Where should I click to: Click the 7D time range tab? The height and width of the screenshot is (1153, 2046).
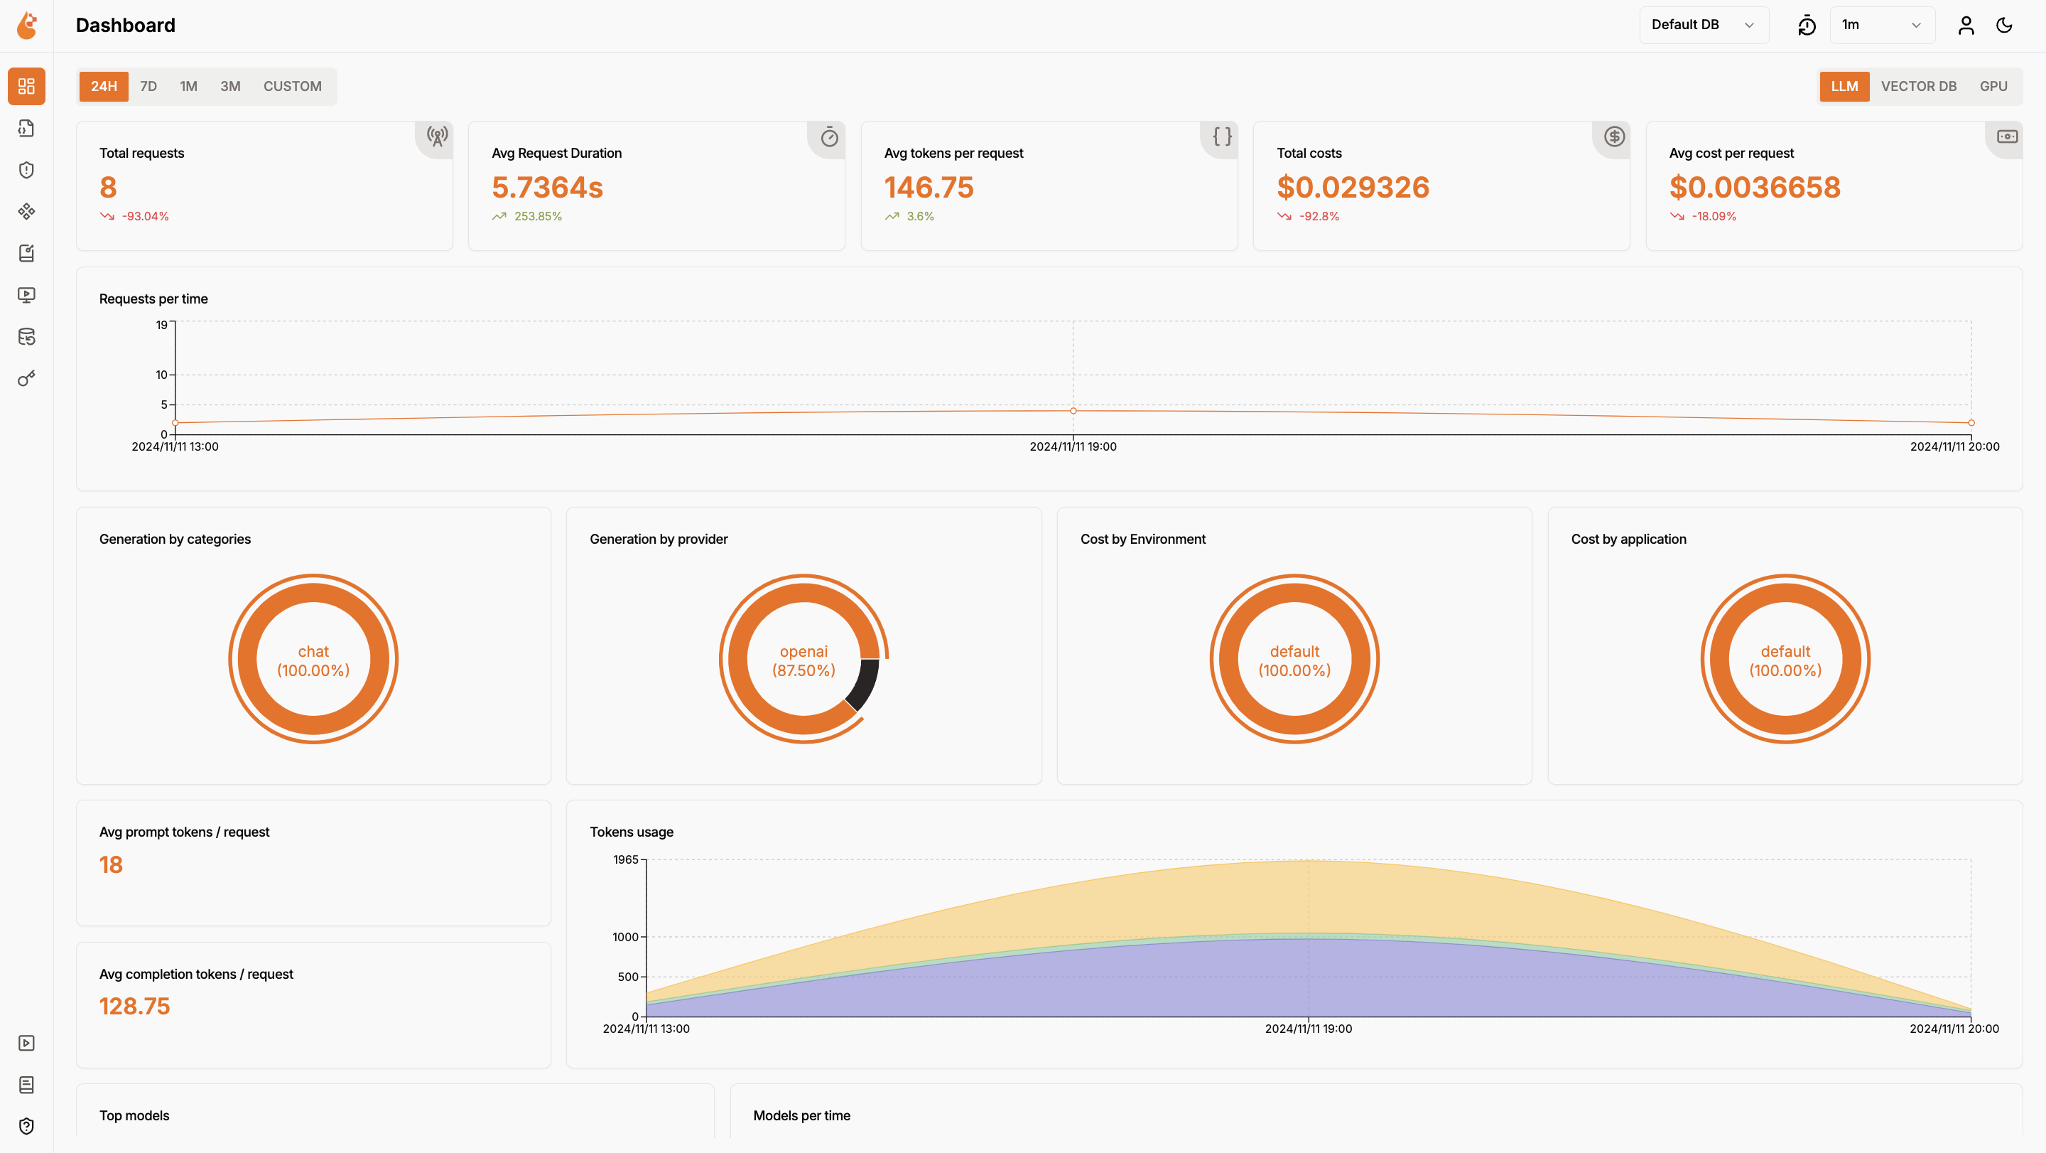pyautogui.click(x=148, y=86)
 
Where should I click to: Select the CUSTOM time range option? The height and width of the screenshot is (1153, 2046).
pyautogui.click(x=292, y=86)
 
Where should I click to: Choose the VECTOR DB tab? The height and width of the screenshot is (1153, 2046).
pyautogui.click(x=1918, y=86)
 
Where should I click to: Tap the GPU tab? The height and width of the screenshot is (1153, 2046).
pyautogui.click(x=1993, y=86)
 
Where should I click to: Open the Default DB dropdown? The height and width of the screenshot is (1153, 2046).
pyautogui.click(x=1703, y=25)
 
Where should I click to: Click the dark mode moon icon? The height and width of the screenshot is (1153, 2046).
pyautogui.click(x=2004, y=26)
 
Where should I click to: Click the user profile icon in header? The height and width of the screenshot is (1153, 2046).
pyautogui.click(x=1966, y=26)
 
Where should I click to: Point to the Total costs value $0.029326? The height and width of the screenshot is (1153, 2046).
pyautogui.click(x=1353, y=188)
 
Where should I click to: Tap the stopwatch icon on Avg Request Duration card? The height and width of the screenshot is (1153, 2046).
pyautogui.click(x=829, y=137)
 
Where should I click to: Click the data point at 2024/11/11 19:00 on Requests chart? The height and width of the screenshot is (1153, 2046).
pyautogui.click(x=1073, y=411)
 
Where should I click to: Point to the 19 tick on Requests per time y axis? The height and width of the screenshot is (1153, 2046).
pyautogui.click(x=162, y=325)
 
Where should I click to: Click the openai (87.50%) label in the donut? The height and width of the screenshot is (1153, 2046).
pyautogui.click(x=803, y=660)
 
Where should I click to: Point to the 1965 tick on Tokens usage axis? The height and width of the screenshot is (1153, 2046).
pyautogui.click(x=625, y=860)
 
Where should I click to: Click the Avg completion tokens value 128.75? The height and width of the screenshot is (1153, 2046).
pyautogui.click(x=134, y=1006)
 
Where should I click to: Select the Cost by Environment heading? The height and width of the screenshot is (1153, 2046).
pyautogui.click(x=1142, y=539)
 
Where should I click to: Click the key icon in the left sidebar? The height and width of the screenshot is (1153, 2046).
pyautogui.click(x=26, y=378)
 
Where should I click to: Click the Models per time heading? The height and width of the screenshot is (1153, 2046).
pyautogui.click(x=801, y=1115)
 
